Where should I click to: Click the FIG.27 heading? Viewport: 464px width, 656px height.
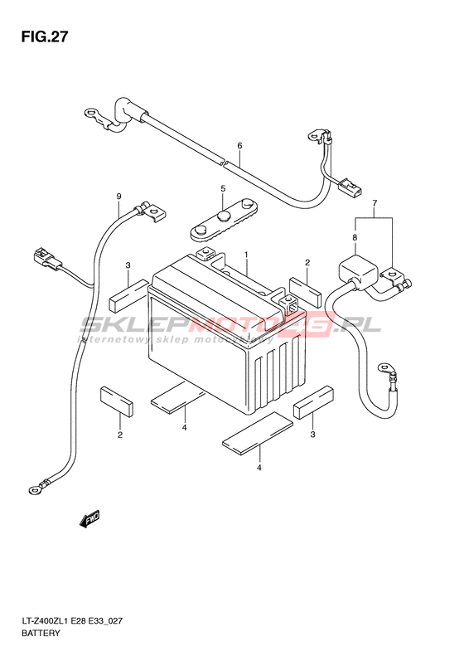(44, 37)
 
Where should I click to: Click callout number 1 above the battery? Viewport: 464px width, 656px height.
(247, 255)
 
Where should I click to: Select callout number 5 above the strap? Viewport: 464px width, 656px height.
(223, 189)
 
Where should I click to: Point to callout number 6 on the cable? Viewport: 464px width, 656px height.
(239, 146)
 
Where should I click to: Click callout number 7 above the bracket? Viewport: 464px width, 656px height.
(375, 203)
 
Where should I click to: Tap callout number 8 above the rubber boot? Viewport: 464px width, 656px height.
(355, 238)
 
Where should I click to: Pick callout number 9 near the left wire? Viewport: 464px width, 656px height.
(118, 197)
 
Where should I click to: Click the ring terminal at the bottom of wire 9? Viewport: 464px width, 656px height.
(33, 488)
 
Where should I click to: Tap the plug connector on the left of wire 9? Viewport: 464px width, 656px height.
(45, 257)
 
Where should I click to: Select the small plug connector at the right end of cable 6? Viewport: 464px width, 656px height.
(350, 187)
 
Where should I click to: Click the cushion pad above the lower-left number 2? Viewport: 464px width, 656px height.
(117, 401)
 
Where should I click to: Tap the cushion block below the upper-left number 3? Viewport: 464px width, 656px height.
(128, 296)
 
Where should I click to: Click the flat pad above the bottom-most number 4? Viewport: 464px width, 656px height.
(258, 433)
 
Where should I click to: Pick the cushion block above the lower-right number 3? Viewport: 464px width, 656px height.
(314, 402)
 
